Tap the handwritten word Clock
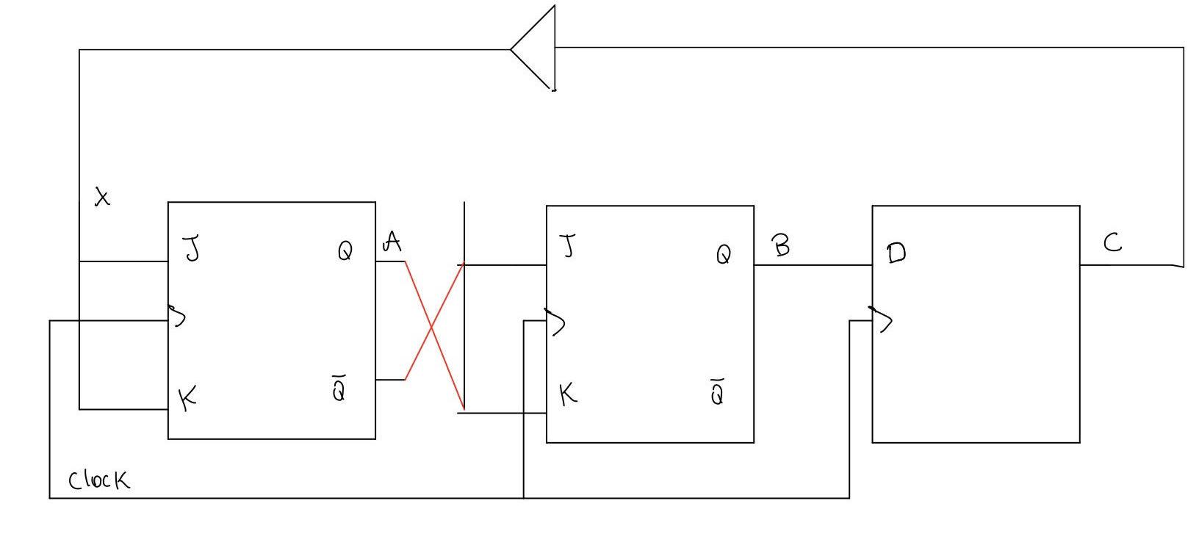[x=99, y=480]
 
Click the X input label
[x=103, y=197]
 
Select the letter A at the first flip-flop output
[x=392, y=242]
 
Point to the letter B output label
[x=781, y=245]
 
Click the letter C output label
[x=1112, y=243]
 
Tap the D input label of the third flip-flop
[x=896, y=253]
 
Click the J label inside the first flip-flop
[x=192, y=249]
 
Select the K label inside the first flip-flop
[x=188, y=399]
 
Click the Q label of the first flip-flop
[x=345, y=252]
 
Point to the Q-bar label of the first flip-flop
[x=339, y=389]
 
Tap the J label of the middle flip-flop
[x=568, y=246]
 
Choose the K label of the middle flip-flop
[x=568, y=395]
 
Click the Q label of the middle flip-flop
[x=724, y=255]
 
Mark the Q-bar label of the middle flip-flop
[x=718, y=392]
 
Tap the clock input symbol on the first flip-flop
[x=177, y=316]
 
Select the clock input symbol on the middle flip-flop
[x=555, y=321]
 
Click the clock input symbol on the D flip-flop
[x=882, y=319]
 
